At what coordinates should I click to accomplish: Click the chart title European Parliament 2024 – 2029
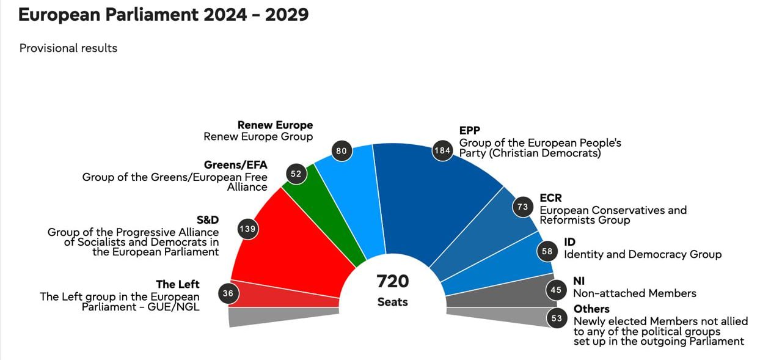163,15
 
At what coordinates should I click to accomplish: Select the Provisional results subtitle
68,48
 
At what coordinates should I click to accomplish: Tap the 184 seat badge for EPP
441,150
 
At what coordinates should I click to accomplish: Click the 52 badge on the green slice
296,174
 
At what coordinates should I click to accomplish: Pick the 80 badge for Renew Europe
342,150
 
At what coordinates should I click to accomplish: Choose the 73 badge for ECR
522,207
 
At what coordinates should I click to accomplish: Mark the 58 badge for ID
547,251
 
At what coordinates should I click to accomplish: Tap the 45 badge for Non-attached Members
556,290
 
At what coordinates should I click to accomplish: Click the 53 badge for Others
557,318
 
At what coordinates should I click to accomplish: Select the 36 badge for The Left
228,293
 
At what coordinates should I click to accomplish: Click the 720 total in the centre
392,281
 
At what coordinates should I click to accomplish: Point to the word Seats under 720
392,302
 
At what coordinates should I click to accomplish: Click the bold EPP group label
470,130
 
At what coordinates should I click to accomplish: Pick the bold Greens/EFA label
235,165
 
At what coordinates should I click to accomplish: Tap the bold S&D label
207,220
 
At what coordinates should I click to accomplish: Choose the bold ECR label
550,198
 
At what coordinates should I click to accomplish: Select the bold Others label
591,309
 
